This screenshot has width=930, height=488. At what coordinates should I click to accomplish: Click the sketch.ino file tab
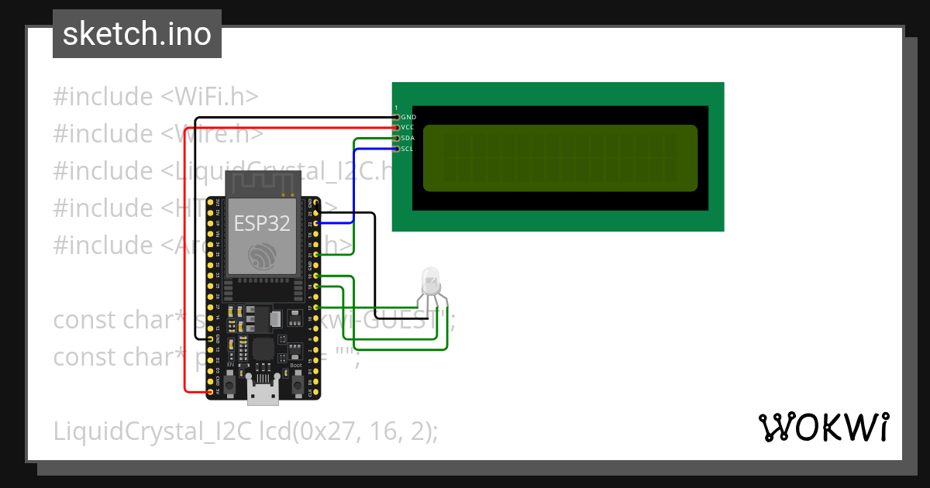[137, 34]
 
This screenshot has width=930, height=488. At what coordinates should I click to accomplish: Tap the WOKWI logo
[822, 427]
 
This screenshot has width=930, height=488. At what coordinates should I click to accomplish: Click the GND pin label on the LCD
[408, 117]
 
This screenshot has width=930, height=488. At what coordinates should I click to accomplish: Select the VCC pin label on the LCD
[408, 127]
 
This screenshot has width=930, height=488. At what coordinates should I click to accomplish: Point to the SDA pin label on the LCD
[408, 138]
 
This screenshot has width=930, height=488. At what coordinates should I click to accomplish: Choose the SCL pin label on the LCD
[408, 148]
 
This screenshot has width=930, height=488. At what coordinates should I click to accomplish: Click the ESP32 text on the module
[263, 223]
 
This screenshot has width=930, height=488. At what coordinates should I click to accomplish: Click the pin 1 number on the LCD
[396, 108]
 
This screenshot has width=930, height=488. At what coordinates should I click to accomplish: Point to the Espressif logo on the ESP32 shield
[263, 256]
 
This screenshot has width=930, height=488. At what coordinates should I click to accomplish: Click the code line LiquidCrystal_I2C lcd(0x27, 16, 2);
[246, 431]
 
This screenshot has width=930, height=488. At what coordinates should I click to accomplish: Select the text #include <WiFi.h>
[156, 97]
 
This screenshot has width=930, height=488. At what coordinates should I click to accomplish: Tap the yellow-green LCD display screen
[560, 158]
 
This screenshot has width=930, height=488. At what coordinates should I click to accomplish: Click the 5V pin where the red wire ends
[211, 392]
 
